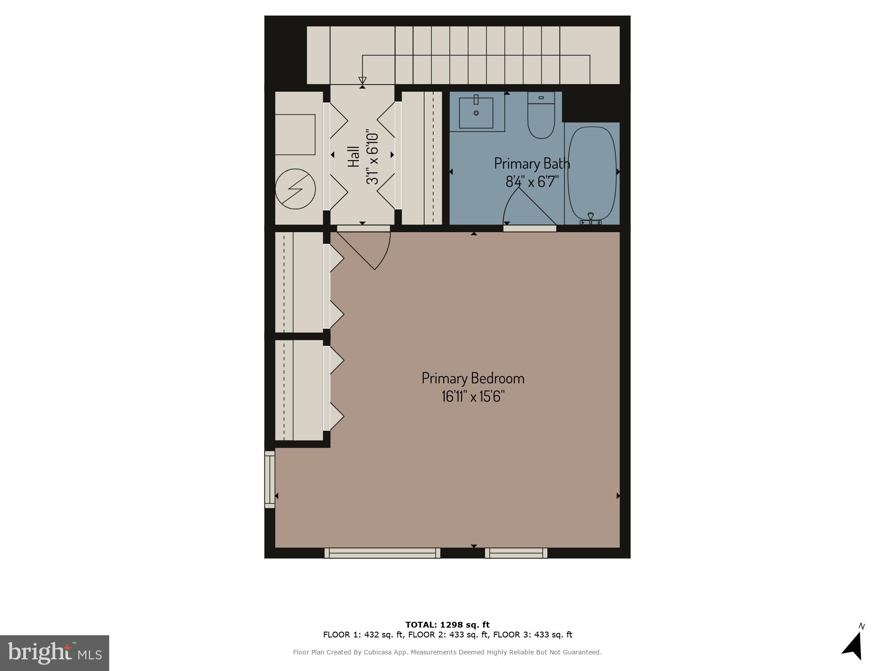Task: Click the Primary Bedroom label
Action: click(473, 378)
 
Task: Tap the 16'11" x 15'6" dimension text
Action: click(473, 397)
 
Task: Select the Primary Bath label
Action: click(532, 164)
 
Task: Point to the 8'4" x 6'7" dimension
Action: click(532, 182)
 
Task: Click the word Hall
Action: click(354, 157)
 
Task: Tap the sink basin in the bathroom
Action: click(476, 112)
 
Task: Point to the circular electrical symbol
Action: click(295, 189)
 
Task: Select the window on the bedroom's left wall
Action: click(269, 479)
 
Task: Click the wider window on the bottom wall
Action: click(382, 553)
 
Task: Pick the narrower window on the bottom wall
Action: click(516, 553)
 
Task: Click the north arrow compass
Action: click(854, 646)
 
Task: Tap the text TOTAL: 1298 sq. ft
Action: click(447, 624)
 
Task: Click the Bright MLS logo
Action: click(55, 653)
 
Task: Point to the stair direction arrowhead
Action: click(362, 81)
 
